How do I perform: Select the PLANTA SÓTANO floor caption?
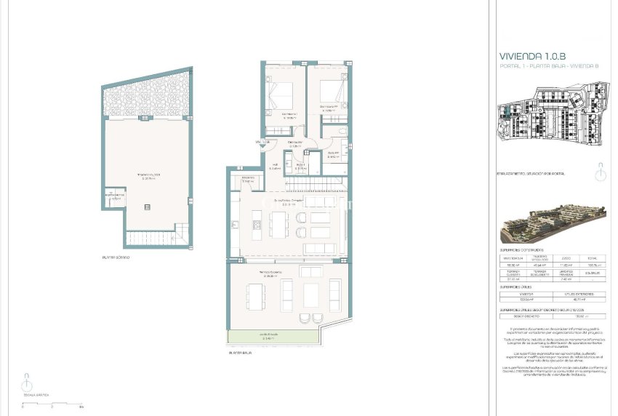point(116,257)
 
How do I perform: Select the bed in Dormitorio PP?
point(330,95)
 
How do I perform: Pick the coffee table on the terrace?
point(310,295)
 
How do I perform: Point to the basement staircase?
point(151,237)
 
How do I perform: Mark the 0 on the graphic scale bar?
point(23,407)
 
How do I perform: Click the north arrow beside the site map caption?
point(598,174)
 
